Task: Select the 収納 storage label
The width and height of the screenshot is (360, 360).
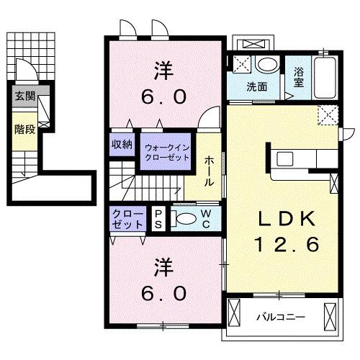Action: click(x=121, y=144)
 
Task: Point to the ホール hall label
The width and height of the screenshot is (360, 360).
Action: click(x=208, y=172)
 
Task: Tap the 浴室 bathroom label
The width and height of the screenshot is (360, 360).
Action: click(x=299, y=78)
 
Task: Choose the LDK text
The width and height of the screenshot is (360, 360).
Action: click(x=282, y=217)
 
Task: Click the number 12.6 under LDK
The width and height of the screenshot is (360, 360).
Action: click(x=286, y=245)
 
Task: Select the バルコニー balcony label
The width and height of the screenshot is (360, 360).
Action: click(x=281, y=317)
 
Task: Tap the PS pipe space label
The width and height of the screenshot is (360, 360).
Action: click(x=158, y=219)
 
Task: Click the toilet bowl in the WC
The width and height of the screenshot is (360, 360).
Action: click(x=185, y=219)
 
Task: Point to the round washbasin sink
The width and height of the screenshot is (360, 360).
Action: click(x=266, y=66)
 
